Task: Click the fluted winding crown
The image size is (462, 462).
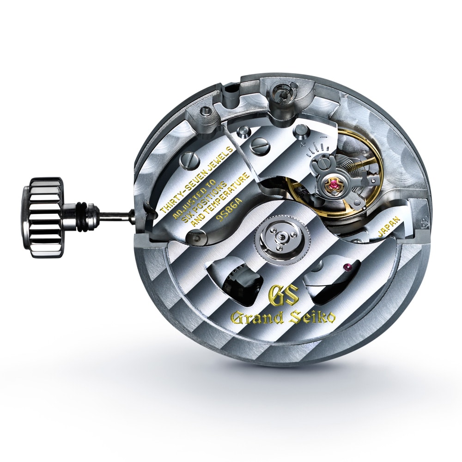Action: coord(43,218)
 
